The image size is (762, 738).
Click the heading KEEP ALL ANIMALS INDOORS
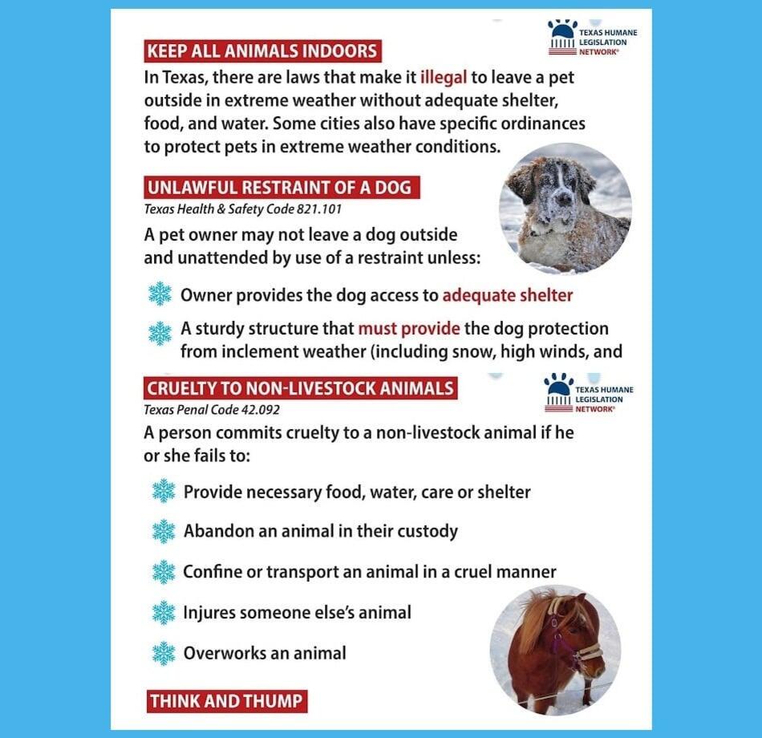[x=261, y=51]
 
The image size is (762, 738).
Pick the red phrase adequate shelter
[x=508, y=295]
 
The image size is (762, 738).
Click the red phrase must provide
[x=409, y=329]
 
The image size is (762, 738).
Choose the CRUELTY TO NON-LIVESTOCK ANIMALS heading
[x=300, y=389]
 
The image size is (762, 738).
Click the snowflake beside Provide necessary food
[x=164, y=492]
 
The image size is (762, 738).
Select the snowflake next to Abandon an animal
[x=164, y=531]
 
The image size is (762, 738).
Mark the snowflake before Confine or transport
[x=164, y=572]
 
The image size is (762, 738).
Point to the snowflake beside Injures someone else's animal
[x=164, y=613]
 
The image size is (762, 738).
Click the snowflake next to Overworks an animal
[x=164, y=653]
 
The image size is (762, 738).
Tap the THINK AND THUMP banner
[x=227, y=701]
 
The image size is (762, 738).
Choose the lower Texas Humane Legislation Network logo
[x=589, y=392]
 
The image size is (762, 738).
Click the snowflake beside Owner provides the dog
[x=160, y=295]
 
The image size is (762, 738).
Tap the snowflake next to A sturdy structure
[x=160, y=333]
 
